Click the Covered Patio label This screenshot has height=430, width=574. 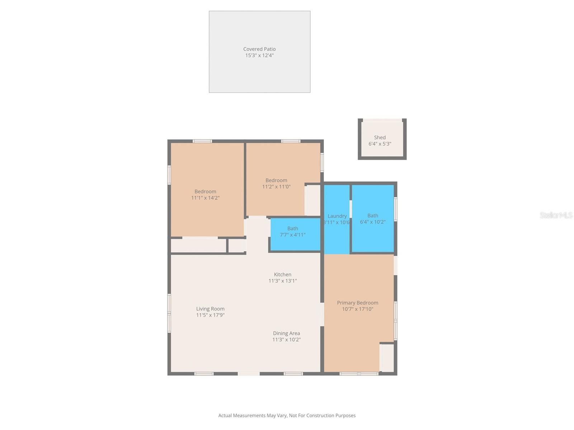pyautogui.click(x=259, y=49)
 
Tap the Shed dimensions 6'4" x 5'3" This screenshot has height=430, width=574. pyautogui.click(x=380, y=144)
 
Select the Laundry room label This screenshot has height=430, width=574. pyautogui.click(x=337, y=216)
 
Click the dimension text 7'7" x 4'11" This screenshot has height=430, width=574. pyautogui.click(x=293, y=235)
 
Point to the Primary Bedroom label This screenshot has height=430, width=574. pyautogui.click(x=357, y=303)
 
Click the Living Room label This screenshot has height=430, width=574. pyautogui.click(x=210, y=309)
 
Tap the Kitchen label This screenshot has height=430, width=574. pyautogui.click(x=283, y=274)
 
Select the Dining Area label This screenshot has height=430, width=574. pyautogui.click(x=286, y=333)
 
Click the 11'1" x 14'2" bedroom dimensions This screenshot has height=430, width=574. pyautogui.click(x=205, y=198)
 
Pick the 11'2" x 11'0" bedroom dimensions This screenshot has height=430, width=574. pyautogui.click(x=276, y=187)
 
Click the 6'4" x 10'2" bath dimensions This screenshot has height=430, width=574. pyautogui.click(x=373, y=222)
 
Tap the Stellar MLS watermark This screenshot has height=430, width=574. pyautogui.click(x=556, y=215)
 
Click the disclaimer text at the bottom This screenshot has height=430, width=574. pyautogui.click(x=287, y=416)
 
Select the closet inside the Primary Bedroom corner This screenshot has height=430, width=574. pyautogui.click(x=387, y=358)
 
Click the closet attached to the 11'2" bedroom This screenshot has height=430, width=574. pyautogui.click(x=313, y=200)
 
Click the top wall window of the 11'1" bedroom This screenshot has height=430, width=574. pyautogui.click(x=202, y=141)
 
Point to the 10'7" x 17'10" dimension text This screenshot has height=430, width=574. pyautogui.click(x=357, y=309)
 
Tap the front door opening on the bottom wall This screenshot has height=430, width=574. pyautogui.click(x=249, y=374)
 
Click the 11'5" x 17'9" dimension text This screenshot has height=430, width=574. pyautogui.click(x=210, y=315)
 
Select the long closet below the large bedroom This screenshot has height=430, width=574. pyautogui.click(x=198, y=245)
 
